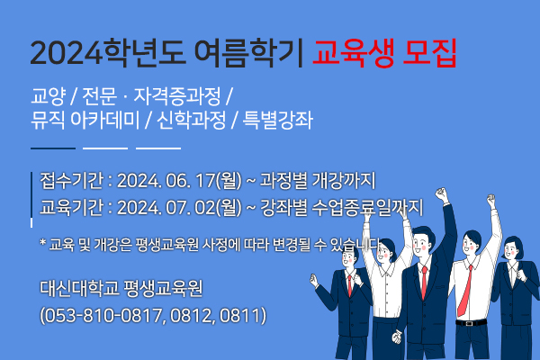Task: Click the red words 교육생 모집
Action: pos(384,53)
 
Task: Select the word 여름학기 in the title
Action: pos(248,53)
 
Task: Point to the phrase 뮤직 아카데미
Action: pos(85,121)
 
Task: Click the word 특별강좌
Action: pos(278,121)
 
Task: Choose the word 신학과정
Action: pos(192,121)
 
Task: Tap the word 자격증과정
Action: pos(177,96)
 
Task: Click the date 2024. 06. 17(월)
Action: pos(179,181)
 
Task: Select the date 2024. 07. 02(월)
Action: pos(179,208)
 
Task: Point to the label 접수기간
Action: pos(71,181)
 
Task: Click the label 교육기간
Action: pos(71,208)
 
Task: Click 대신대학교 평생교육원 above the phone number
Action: pos(121,288)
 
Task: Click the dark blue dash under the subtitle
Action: pos(53,148)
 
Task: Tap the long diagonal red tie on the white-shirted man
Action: pos(465,291)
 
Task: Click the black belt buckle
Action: pos(469,323)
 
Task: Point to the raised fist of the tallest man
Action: pos(441,194)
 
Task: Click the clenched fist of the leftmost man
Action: pos(313,280)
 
